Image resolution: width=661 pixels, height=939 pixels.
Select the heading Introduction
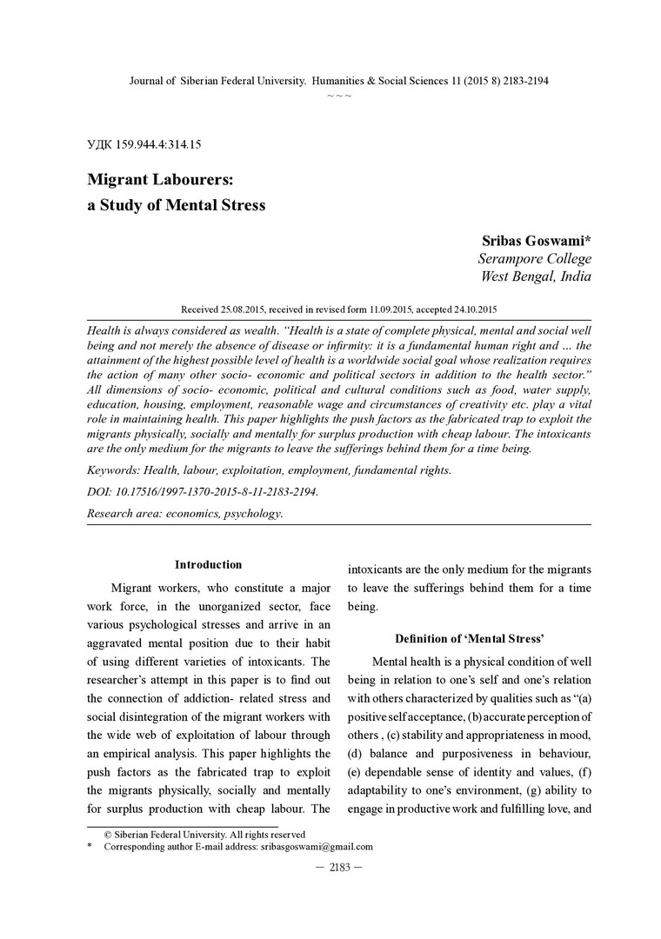point(209,565)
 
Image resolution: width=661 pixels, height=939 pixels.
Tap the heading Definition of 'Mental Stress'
point(470,639)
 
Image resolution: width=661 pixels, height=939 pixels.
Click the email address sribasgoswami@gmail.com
point(317,846)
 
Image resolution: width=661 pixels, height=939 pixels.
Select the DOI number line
point(203,491)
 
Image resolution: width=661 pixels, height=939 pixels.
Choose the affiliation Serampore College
point(534,258)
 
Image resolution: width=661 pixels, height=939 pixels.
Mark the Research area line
point(184,513)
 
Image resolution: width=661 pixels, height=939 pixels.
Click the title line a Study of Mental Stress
point(176,206)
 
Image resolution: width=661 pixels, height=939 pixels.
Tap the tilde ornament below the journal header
point(339,94)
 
